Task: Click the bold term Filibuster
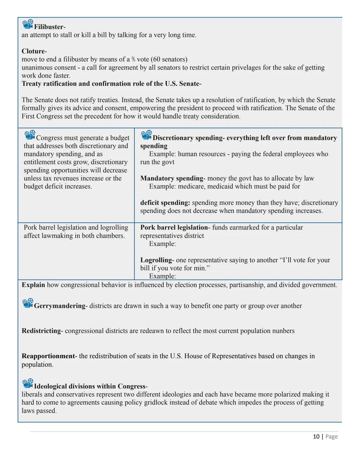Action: click(x=49, y=27)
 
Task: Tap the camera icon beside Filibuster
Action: click(x=28, y=24)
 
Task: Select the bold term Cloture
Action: click(x=34, y=51)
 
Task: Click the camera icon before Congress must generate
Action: click(x=30, y=135)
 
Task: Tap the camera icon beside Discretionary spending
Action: click(x=146, y=135)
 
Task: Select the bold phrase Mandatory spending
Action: click(x=172, y=178)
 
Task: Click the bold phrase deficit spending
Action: click(x=165, y=203)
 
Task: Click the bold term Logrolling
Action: click(x=156, y=260)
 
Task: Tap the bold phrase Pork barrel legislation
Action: click(x=174, y=227)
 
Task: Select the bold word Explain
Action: click(x=33, y=285)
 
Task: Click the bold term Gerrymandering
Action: click(x=60, y=306)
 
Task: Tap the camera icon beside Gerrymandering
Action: click(x=28, y=303)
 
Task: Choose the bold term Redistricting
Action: click(x=42, y=331)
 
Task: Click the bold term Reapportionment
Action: click(x=49, y=356)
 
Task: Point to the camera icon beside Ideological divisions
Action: click(x=28, y=384)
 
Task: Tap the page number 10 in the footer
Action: click(x=316, y=437)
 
